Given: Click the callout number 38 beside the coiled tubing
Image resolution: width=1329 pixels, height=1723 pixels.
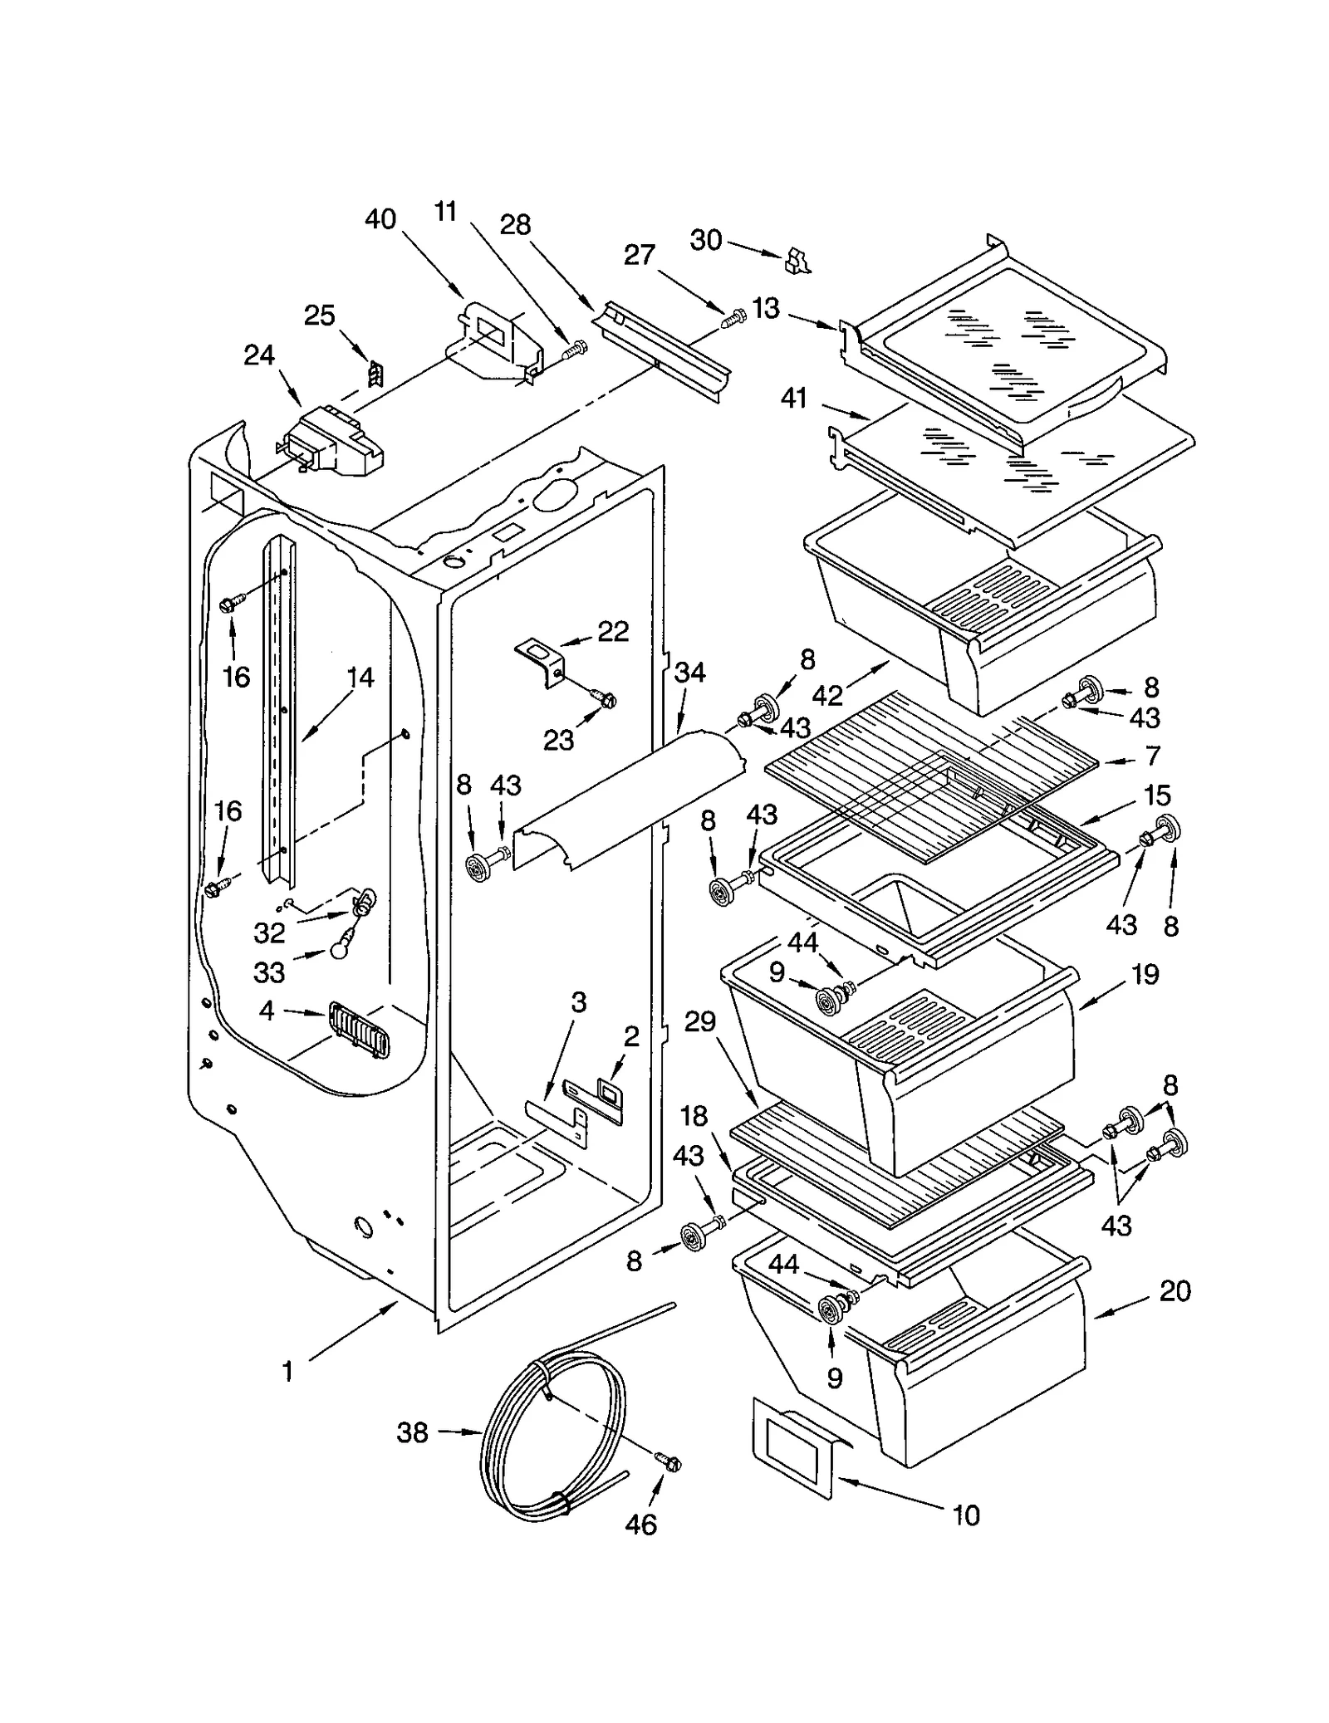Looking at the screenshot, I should click(412, 1432).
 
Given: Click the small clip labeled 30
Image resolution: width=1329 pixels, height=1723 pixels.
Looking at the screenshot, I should click(797, 260).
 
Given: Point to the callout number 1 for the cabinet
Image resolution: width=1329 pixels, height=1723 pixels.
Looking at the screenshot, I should click(287, 1372).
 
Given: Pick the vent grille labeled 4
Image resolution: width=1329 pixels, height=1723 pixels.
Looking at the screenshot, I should click(360, 1030).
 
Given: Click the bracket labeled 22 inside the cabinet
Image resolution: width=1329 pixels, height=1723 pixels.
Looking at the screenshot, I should click(541, 660).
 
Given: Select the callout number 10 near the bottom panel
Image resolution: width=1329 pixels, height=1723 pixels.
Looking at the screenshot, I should click(966, 1515).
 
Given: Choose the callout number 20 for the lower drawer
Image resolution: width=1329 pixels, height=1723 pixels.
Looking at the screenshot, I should click(1175, 1290).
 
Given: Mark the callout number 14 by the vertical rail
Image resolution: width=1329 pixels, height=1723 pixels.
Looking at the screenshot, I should click(360, 678).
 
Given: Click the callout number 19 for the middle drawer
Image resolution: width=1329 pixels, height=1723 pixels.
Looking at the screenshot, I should click(1145, 974).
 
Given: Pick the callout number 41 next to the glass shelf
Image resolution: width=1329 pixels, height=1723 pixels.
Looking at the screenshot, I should click(794, 399).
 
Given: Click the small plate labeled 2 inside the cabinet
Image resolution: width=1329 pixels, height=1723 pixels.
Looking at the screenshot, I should click(611, 1094).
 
